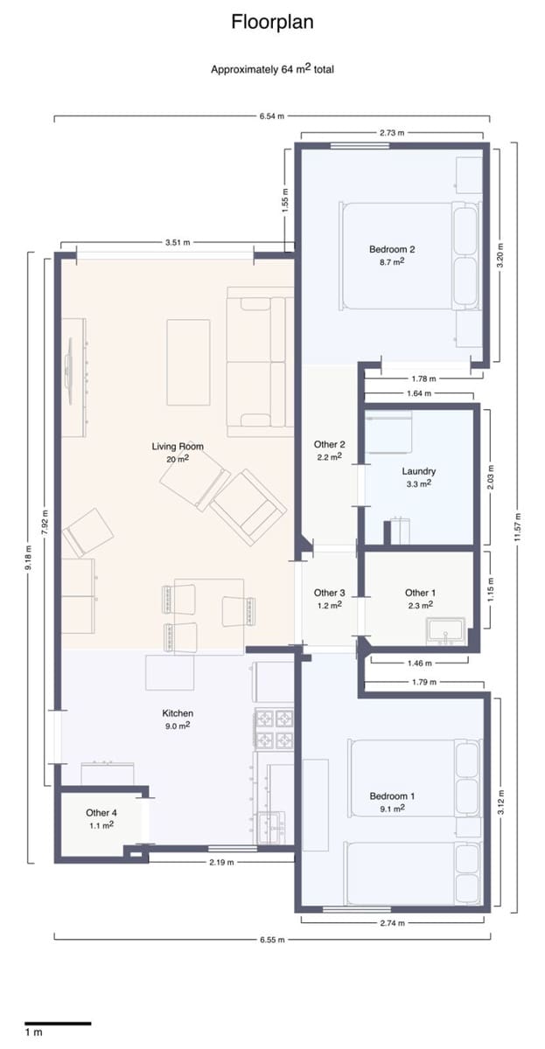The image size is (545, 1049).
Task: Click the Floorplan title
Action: coord(272,23)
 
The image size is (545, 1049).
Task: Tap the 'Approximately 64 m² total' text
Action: coord(272,69)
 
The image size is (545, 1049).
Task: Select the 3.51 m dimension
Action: coord(178,242)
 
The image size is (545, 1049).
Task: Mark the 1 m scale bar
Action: coord(57,1023)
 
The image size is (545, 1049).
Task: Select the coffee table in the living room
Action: coord(188,363)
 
